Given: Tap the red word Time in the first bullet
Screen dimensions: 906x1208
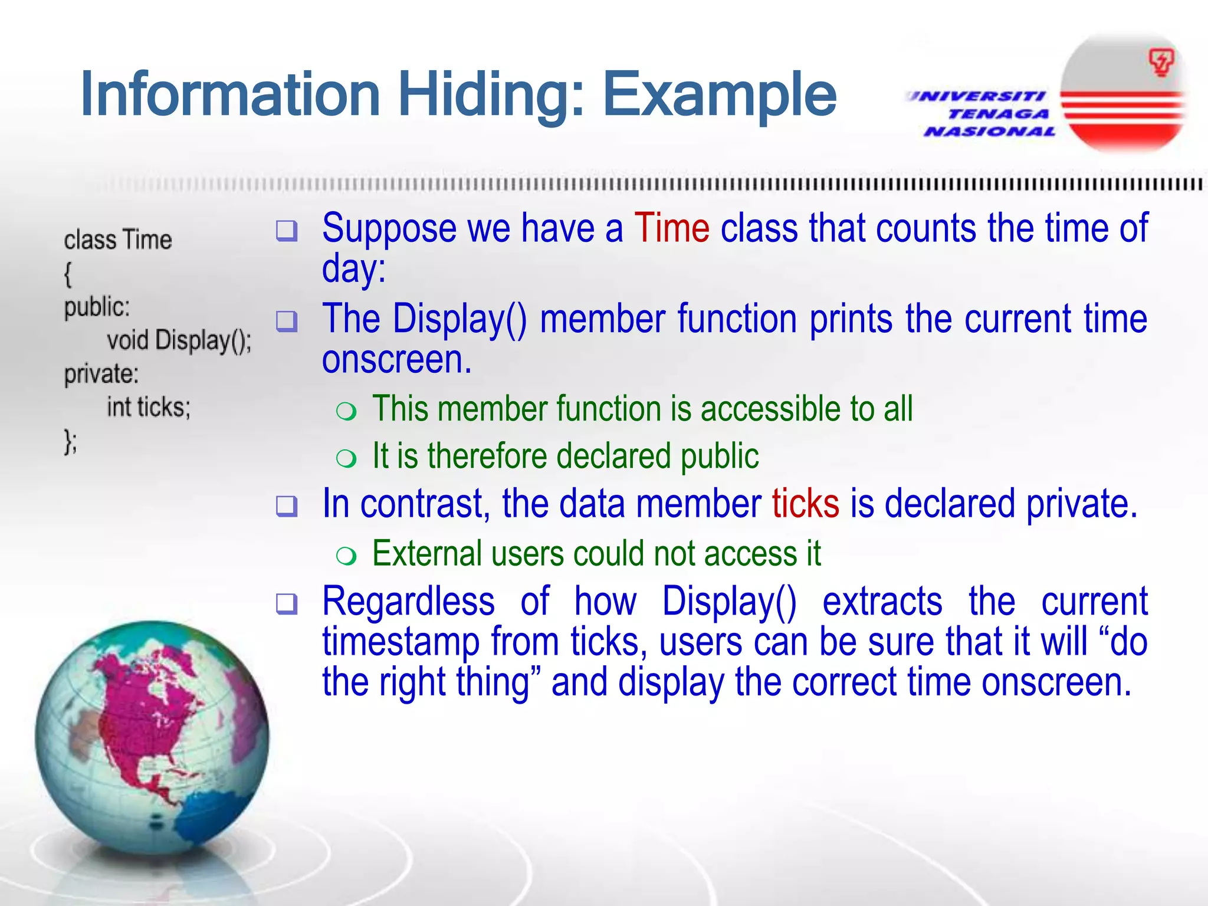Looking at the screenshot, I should click(x=672, y=228).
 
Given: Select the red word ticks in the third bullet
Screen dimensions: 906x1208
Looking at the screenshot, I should click(x=805, y=504).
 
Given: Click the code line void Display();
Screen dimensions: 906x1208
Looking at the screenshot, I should click(x=179, y=341).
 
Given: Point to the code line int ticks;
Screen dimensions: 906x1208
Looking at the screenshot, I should click(x=149, y=408).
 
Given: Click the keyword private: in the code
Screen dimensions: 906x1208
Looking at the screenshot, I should click(x=101, y=374).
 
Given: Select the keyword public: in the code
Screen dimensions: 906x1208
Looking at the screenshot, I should click(x=97, y=307).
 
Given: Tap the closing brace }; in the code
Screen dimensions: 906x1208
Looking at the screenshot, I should click(x=70, y=442).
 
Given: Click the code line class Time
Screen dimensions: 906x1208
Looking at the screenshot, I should click(x=118, y=240).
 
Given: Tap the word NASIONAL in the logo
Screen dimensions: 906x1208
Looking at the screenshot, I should click(x=990, y=131).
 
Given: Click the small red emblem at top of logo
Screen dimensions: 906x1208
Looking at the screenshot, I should click(x=1161, y=62).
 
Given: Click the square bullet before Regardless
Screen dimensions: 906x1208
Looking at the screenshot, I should click(x=287, y=603).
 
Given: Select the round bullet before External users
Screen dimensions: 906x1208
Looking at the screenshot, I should click(x=346, y=555).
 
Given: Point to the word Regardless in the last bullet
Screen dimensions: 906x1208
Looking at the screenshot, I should click(x=408, y=602).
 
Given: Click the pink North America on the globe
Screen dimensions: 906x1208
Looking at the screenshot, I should click(x=142, y=714).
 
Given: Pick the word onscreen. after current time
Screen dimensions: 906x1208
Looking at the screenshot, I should click(x=396, y=360).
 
